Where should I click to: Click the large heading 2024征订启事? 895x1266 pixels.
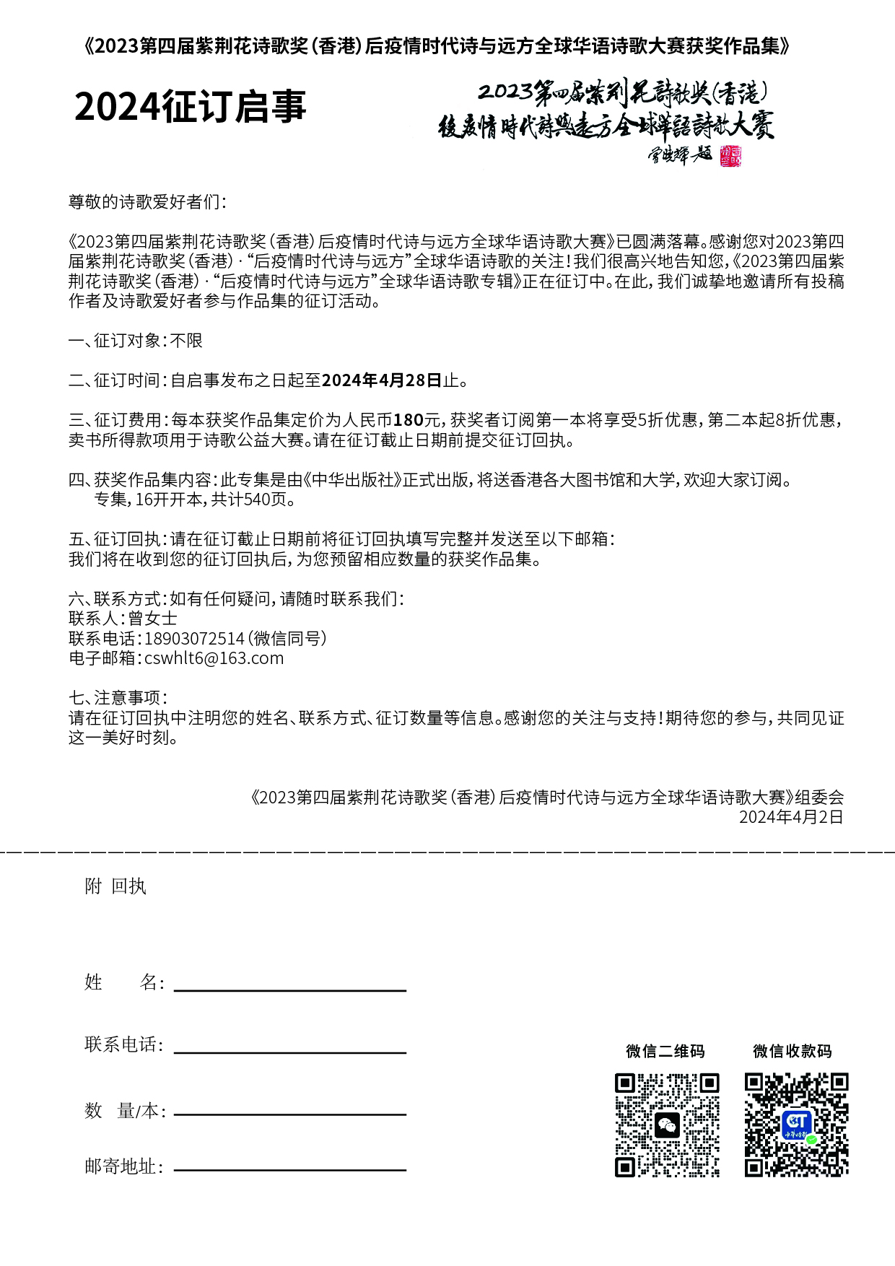point(191,107)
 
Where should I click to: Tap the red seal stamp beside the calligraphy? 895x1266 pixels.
point(730,155)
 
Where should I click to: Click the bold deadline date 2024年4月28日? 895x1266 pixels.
point(381,380)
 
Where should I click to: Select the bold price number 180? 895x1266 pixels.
point(408,420)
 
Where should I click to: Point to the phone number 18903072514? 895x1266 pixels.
point(194,639)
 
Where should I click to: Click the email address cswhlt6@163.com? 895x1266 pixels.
point(214,658)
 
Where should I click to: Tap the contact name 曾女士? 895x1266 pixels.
point(152,619)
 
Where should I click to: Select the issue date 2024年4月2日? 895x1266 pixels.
point(791,817)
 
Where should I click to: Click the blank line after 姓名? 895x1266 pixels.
point(289,990)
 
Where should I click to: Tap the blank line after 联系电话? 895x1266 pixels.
point(289,1052)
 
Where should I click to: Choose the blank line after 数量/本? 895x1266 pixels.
point(289,1114)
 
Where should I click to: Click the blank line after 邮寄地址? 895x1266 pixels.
point(289,1169)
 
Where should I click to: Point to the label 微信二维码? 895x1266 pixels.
point(665,1052)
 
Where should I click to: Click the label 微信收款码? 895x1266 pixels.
point(792,1052)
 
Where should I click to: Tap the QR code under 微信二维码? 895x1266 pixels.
point(667,1125)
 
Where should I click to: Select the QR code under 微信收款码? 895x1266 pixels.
point(796,1125)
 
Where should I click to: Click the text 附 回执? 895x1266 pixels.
point(115,886)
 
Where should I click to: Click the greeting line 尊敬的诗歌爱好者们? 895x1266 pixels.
point(147,202)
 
